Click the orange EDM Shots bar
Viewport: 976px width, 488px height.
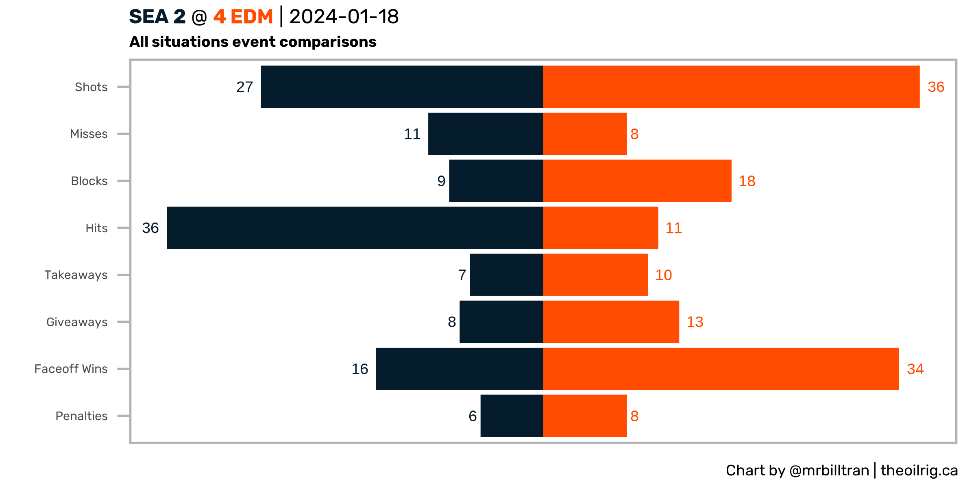click(x=731, y=87)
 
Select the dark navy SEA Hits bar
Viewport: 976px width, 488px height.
click(x=355, y=228)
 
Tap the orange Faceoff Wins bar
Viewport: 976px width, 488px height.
click(x=721, y=369)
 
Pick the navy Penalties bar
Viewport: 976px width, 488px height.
click(x=512, y=416)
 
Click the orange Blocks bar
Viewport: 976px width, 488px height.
click(x=637, y=181)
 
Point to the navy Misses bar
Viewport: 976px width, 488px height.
click(x=486, y=134)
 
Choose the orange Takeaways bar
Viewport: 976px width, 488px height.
click(x=595, y=275)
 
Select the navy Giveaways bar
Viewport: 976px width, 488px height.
click(x=501, y=322)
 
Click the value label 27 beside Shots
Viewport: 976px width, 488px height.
click(x=244, y=87)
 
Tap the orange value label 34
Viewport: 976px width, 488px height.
click(x=915, y=369)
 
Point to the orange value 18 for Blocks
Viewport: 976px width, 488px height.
click(x=747, y=181)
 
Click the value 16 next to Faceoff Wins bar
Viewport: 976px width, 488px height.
click(x=359, y=369)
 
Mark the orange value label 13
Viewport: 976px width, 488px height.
click(x=695, y=322)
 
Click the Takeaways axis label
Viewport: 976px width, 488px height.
click(x=76, y=275)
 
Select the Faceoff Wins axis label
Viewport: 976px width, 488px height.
click(x=71, y=369)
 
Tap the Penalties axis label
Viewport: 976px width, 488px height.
click(x=81, y=416)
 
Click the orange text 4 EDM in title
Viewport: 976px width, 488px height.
click(x=243, y=17)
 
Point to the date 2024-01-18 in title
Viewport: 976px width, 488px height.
click(x=344, y=17)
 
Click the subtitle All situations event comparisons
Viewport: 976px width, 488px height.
click(x=253, y=42)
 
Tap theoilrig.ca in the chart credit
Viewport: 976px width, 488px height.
click(x=919, y=471)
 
